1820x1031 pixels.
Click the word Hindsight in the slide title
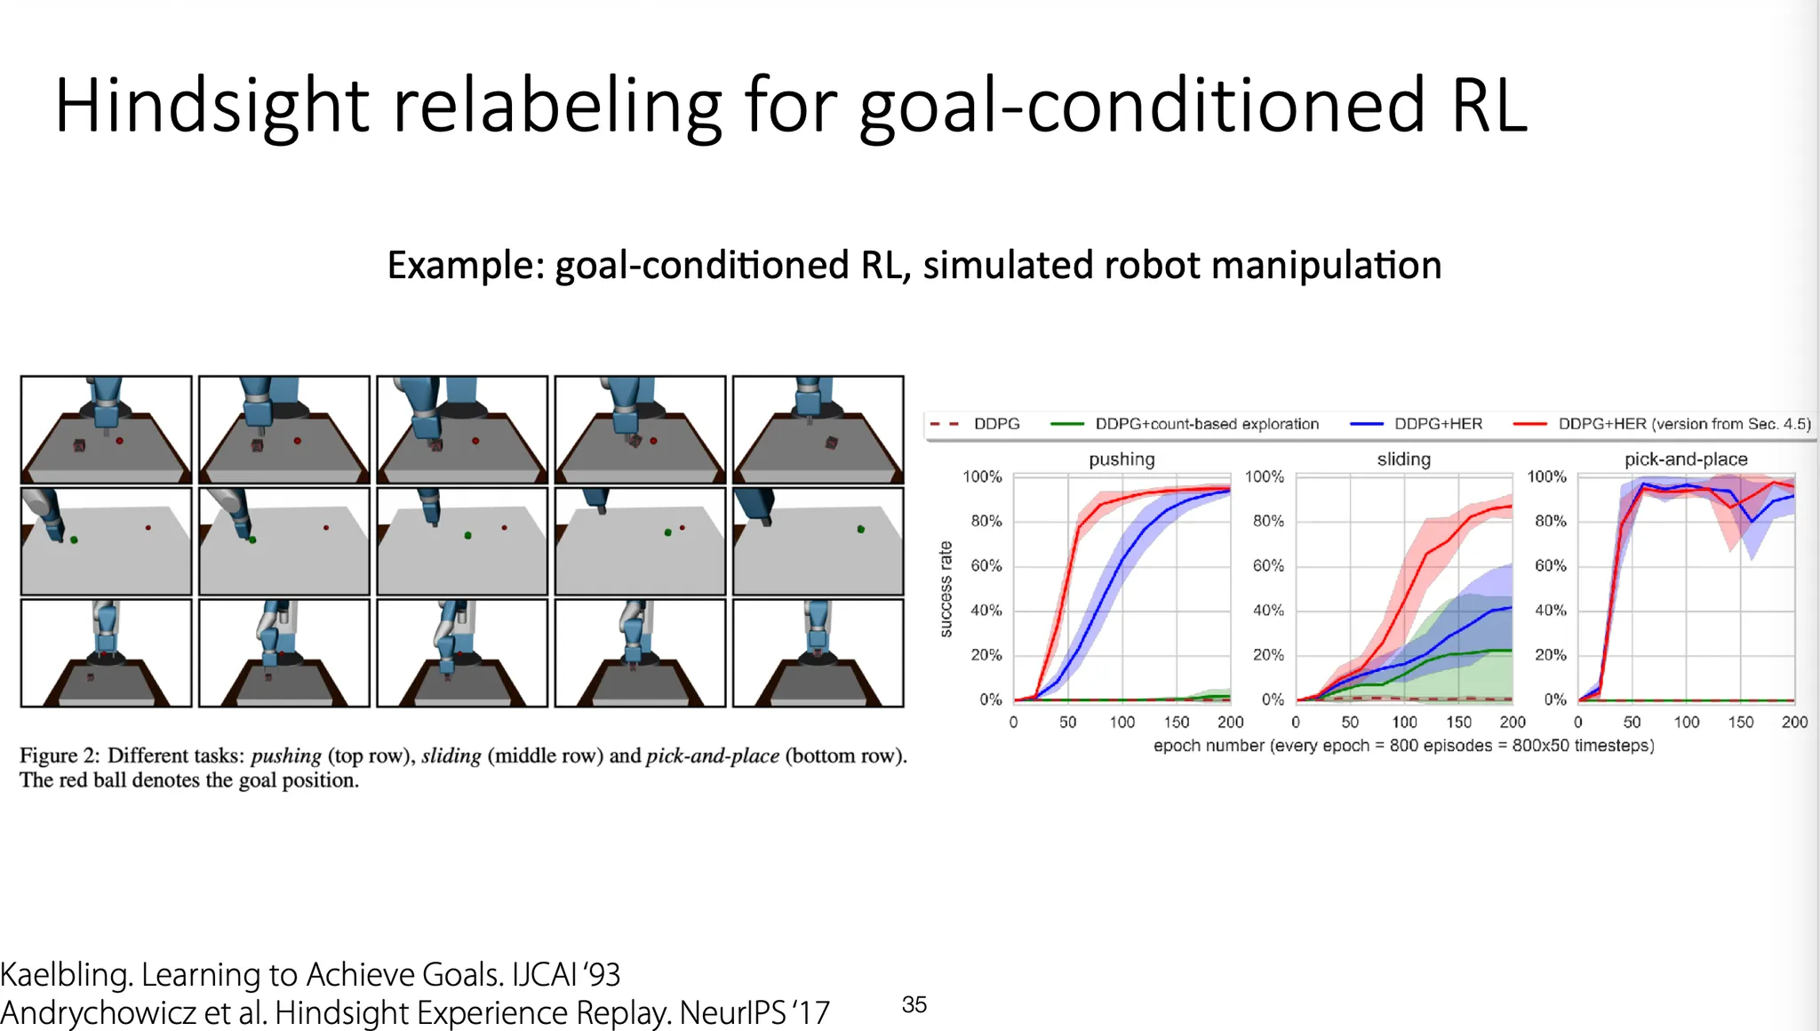click(x=212, y=106)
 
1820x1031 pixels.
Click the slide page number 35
click(x=914, y=1004)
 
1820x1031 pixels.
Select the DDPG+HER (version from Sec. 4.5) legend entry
click(x=1662, y=424)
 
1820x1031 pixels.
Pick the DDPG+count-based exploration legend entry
click(x=1185, y=424)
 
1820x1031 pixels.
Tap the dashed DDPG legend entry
click(x=975, y=424)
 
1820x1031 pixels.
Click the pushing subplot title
click(x=1122, y=459)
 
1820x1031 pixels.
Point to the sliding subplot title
click(x=1404, y=459)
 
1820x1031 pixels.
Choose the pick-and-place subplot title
click(x=1686, y=459)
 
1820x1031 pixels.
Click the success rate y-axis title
click(x=946, y=588)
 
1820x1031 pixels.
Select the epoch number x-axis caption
click(x=1404, y=746)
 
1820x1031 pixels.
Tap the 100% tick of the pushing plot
click(x=982, y=476)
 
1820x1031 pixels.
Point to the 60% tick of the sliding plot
click(x=1268, y=565)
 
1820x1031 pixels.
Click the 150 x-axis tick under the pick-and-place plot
click(x=1740, y=722)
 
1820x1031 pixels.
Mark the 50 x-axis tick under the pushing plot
click(x=1067, y=722)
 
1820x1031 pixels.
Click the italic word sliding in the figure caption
click(x=451, y=755)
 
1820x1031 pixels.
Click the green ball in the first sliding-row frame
click(x=74, y=539)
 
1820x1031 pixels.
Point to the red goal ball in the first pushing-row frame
click(x=119, y=441)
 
